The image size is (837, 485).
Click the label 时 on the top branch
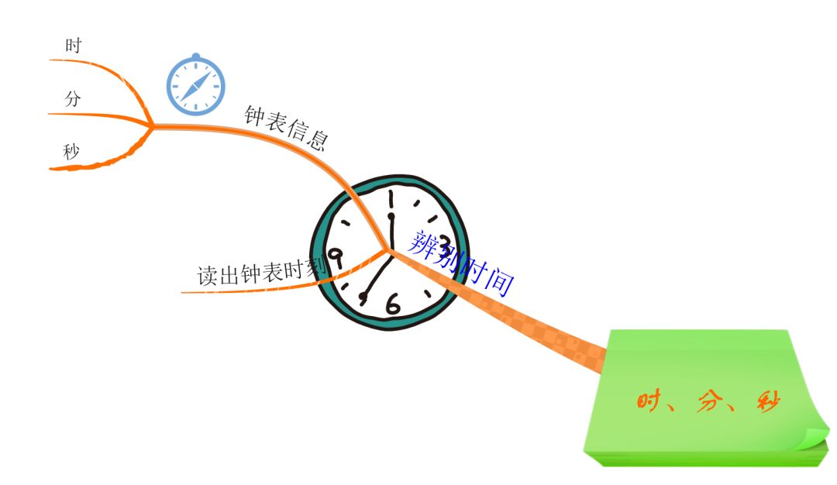[x=74, y=46]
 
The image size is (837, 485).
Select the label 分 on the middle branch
[x=73, y=99]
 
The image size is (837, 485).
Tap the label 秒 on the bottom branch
[x=72, y=152]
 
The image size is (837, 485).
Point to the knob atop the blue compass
[x=195, y=57]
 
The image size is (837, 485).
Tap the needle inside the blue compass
[x=195, y=86]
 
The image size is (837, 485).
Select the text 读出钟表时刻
[x=260, y=273]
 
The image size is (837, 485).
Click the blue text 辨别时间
[x=461, y=263]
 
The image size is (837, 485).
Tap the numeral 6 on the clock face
[x=393, y=304]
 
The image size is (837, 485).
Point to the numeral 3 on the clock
[x=445, y=242]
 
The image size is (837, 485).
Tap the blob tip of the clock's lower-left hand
[x=363, y=296]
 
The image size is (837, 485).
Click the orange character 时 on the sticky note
[x=649, y=401]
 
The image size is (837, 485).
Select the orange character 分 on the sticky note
[x=708, y=401]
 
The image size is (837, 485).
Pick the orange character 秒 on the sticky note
[x=767, y=401]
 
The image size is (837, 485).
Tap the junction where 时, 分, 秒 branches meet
[x=152, y=126]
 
